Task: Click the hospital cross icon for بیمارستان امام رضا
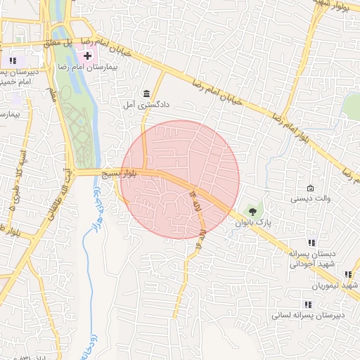tap(88, 56)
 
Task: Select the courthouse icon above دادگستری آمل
tap(146, 94)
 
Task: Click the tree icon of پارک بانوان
tap(250, 211)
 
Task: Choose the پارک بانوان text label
tap(259, 222)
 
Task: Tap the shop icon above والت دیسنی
tap(311, 188)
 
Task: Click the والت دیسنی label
tap(310, 199)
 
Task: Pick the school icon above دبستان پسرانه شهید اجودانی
tap(312, 243)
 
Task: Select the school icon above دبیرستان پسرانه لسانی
tap(308, 304)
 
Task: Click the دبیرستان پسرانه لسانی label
tap(309, 315)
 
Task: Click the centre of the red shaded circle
tap(181, 179)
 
